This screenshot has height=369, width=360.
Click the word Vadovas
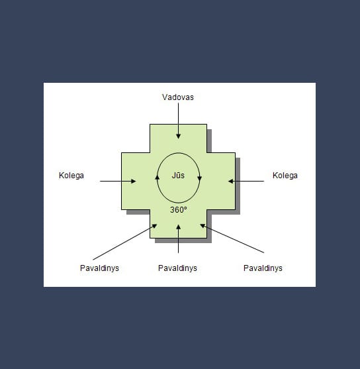click(178, 97)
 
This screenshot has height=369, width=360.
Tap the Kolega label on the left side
click(71, 176)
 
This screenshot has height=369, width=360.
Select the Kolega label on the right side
click(285, 176)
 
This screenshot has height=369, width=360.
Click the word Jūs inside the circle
click(178, 176)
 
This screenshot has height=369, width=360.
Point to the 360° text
click(179, 210)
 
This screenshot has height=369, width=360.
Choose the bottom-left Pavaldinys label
click(99, 268)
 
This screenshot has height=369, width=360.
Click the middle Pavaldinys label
click(177, 268)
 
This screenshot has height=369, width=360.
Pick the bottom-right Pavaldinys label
click(263, 268)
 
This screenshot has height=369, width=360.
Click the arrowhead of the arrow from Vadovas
click(179, 136)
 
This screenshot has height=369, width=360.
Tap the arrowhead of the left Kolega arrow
click(133, 182)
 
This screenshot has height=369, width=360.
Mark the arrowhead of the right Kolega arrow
click(231, 182)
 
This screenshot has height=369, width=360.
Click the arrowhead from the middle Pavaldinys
click(179, 227)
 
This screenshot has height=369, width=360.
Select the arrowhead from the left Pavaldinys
click(154, 226)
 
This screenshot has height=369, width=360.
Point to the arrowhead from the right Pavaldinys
click(202, 226)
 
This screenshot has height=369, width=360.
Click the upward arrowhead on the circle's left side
click(157, 177)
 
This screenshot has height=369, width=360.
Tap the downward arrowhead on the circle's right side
click(200, 178)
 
